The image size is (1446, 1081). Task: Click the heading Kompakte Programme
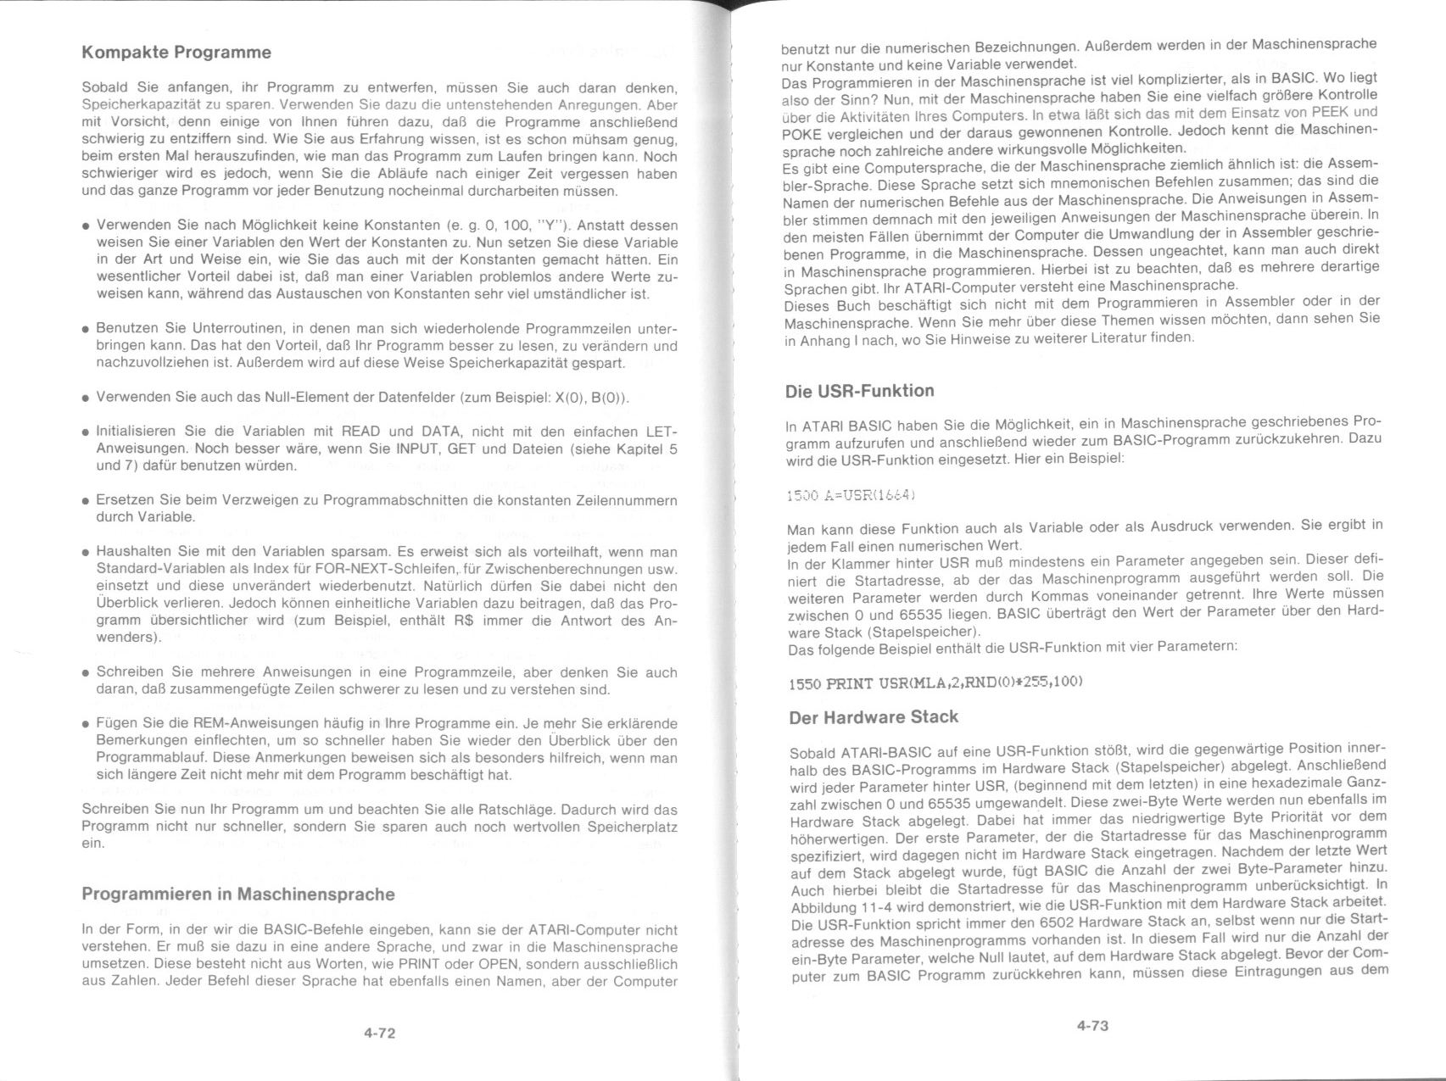coord(176,53)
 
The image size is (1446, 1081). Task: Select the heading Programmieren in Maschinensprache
coord(238,894)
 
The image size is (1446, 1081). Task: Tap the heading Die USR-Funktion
coord(859,391)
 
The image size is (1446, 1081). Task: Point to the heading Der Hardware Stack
coord(874,717)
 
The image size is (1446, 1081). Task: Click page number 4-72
coord(380,1033)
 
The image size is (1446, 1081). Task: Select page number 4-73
coord(1092,1026)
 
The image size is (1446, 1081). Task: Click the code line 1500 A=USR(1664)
coord(851,494)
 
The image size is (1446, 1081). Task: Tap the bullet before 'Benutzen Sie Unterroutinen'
coord(87,329)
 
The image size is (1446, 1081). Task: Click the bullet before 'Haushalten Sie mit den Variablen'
coord(87,553)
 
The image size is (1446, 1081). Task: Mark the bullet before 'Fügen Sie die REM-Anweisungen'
coord(87,725)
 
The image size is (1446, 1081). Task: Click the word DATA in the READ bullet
coord(439,432)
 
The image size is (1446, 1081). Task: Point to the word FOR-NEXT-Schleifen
coord(388,569)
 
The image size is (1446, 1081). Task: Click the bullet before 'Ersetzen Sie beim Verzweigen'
coord(87,501)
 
